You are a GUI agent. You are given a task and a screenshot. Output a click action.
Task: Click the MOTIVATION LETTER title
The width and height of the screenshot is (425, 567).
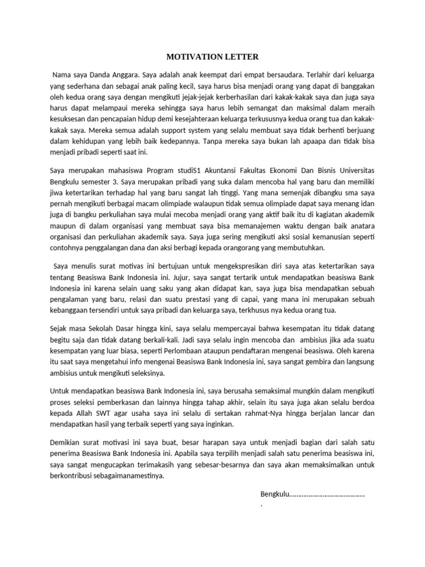click(x=212, y=56)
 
